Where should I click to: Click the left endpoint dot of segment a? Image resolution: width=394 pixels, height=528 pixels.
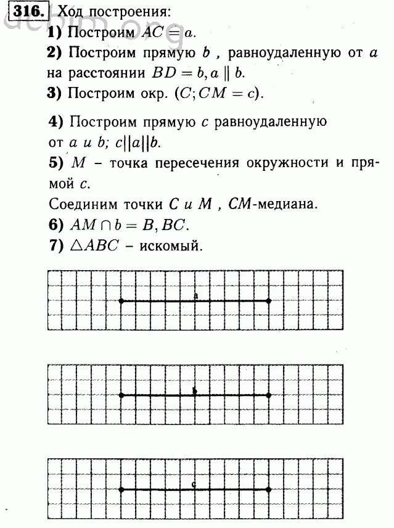[121, 301]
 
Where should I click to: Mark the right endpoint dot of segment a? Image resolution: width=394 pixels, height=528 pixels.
[268, 301]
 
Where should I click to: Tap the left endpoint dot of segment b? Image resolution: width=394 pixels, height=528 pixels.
[121, 395]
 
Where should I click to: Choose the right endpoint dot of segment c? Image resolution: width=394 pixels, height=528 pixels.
[268, 490]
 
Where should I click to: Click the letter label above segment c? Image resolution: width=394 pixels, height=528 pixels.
[195, 484]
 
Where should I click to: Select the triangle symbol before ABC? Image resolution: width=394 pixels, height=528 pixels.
[78, 245]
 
